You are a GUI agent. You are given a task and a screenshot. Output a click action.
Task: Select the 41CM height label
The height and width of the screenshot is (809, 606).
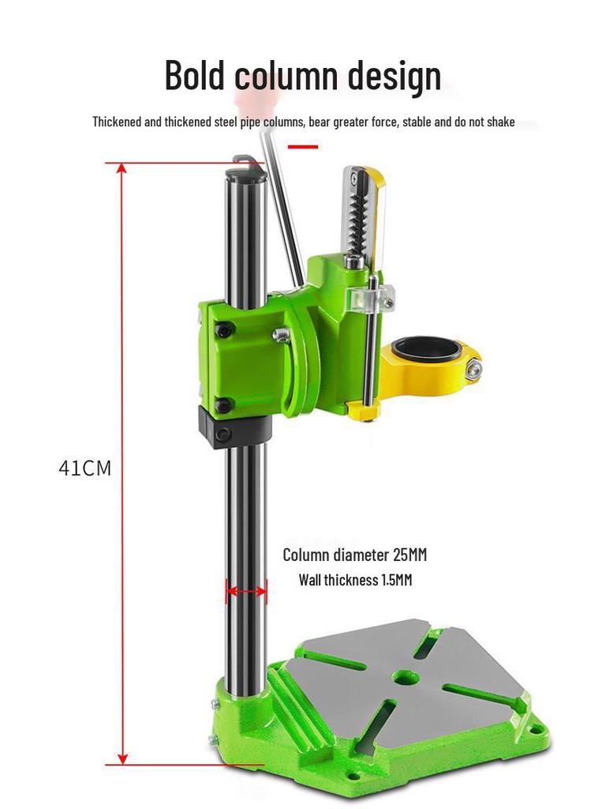click(85, 468)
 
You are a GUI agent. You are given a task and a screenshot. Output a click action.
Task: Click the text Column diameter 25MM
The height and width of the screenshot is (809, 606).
click(354, 555)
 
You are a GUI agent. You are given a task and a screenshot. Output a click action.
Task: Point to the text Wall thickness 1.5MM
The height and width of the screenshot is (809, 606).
click(355, 580)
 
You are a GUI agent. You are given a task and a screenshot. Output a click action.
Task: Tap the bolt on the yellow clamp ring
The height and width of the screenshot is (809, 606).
click(474, 368)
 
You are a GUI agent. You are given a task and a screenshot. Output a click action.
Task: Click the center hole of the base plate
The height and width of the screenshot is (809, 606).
click(406, 677)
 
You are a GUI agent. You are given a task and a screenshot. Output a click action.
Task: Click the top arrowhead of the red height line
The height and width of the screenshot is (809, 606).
click(122, 169)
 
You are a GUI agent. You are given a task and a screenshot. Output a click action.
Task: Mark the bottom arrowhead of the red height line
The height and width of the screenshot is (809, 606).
click(122, 758)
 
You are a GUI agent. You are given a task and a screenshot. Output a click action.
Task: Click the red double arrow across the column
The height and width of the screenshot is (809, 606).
click(246, 589)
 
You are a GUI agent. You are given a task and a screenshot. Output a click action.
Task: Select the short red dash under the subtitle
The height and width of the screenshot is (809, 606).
click(303, 146)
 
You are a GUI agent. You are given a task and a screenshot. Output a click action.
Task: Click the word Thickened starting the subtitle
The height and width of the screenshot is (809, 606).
click(117, 122)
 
